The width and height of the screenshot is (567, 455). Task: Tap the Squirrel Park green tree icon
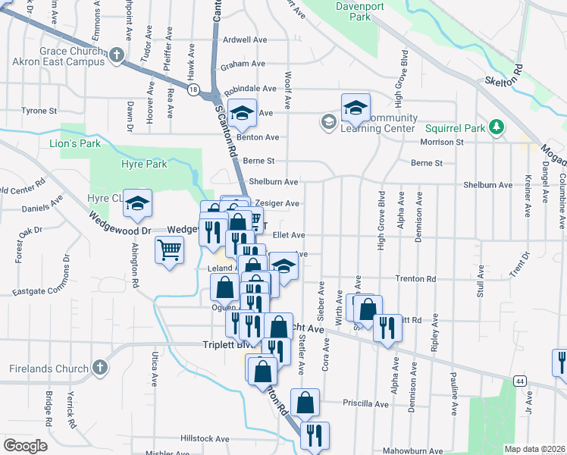pyautogui.click(x=497, y=127)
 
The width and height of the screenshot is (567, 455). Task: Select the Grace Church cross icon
pyautogui.click(x=116, y=55)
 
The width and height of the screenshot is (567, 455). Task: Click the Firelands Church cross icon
pyautogui.click(x=99, y=369)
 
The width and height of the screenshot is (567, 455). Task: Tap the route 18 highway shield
pyautogui.click(x=194, y=91)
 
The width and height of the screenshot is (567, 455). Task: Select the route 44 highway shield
pyautogui.click(x=519, y=380)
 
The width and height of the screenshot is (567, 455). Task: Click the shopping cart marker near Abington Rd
pyautogui.click(x=169, y=249)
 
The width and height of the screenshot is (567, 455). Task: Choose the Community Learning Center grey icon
pyautogui.click(x=328, y=121)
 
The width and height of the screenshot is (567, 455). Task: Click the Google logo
pyautogui.click(x=25, y=446)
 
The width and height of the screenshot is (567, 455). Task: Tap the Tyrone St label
pyautogui.click(x=39, y=111)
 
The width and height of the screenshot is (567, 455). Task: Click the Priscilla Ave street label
pyautogui.click(x=365, y=403)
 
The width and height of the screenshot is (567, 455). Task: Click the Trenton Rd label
pyautogui.click(x=415, y=279)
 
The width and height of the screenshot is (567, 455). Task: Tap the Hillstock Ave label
pyautogui.click(x=203, y=438)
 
